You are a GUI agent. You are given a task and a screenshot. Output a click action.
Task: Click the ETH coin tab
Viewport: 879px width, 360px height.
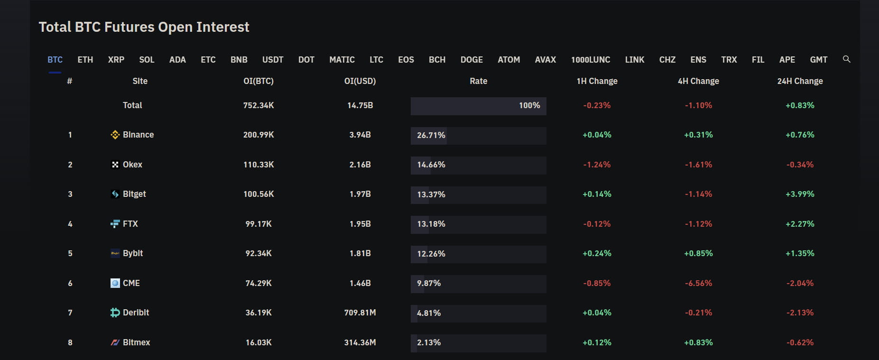tap(85, 60)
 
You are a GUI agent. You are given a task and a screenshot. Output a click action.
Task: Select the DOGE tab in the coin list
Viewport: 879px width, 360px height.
tap(472, 60)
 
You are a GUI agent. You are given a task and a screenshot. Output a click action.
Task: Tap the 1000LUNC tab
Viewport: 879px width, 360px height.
tap(591, 60)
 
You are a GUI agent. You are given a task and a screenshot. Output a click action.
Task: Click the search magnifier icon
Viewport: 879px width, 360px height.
tap(846, 59)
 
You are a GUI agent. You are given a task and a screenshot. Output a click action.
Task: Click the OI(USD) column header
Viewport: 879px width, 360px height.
tap(360, 81)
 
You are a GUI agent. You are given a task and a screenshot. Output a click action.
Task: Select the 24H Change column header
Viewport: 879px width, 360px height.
tap(800, 81)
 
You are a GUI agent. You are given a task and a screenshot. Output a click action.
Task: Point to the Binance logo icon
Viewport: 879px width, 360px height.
tap(115, 135)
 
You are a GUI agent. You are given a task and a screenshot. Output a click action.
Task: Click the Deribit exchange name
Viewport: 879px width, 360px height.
tap(136, 313)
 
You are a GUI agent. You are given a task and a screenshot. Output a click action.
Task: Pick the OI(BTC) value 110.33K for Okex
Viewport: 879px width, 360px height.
tap(259, 165)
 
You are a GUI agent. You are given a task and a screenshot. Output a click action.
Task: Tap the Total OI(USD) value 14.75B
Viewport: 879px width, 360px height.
tap(360, 105)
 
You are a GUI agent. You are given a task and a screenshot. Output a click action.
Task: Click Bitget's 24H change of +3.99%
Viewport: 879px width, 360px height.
tap(800, 194)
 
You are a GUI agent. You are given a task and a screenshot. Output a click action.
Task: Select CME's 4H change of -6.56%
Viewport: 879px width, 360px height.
tap(698, 283)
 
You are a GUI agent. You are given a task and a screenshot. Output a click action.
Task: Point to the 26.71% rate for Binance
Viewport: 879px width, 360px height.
tap(431, 135)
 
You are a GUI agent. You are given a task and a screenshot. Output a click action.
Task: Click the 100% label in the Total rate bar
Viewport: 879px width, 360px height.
tap(529, 105)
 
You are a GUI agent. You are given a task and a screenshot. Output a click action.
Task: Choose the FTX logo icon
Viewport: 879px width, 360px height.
tap(115, 224)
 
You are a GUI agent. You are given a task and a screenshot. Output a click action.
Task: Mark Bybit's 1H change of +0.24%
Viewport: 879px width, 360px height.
tap(597, 253)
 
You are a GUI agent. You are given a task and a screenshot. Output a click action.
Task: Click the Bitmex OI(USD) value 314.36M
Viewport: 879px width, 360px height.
tap(360, 342)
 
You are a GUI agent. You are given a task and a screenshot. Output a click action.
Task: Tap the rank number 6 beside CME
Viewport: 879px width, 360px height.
tap(70, 283)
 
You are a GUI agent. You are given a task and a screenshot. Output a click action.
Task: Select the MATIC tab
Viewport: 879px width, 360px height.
tap(342, 60)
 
